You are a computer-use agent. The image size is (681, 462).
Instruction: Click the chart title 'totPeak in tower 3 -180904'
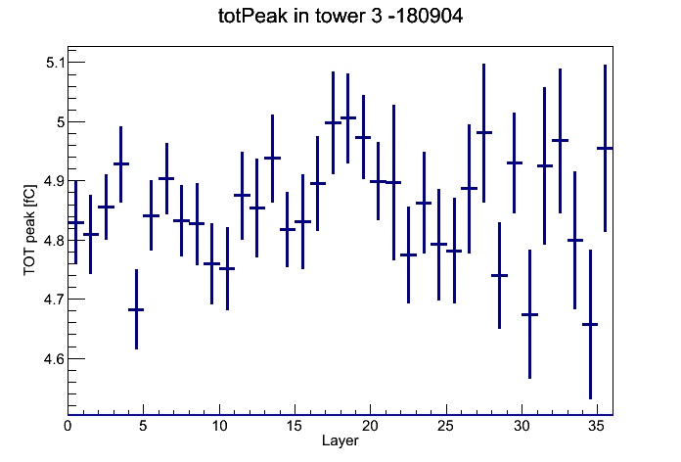[x=340, y=16]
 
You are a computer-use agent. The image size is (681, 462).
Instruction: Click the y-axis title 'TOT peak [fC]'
[x=30, y=230]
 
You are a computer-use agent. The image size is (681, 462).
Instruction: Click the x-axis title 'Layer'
[x=340, y=440]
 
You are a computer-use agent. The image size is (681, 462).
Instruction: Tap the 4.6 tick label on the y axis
[x=54, y=359]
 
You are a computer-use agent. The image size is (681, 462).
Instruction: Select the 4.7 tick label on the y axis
[x=54, y=300]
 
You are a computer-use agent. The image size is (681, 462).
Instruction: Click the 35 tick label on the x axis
[x=596, y=426]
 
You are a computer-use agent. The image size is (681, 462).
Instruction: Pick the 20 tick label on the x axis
[x=370, y=426]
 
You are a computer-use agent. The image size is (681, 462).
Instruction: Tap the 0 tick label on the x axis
[x=68, y=426]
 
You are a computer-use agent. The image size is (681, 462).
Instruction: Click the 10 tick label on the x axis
[x=219, y=426]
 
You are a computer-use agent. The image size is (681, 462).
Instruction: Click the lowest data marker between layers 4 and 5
[x=136, y=309]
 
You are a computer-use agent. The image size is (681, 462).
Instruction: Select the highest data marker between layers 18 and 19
[x=348, y=117]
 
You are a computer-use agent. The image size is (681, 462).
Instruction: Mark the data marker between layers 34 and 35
[x=590, y=324]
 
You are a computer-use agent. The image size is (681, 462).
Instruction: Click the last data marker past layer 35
[x=605, y=148]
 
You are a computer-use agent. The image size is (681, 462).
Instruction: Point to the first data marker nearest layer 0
[x=76, y=222]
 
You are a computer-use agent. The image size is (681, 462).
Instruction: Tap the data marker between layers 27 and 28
[x=483, y=132]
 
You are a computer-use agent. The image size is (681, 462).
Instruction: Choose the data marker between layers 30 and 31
[x=529, y=314]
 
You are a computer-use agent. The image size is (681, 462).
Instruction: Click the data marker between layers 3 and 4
[x=121, y=163]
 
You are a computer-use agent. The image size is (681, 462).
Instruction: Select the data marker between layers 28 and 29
[x=499, y=276]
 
